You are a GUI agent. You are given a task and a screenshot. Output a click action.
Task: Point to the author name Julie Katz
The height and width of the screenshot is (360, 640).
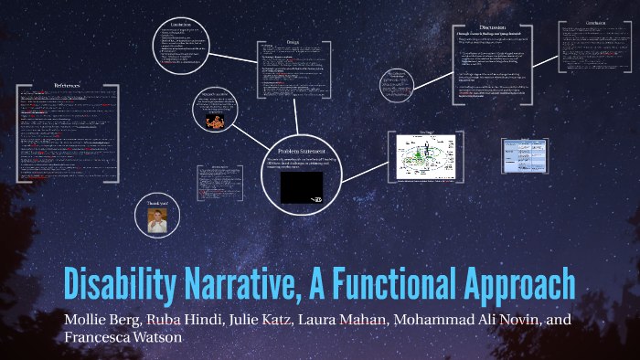pyautogui.click(x=240, y=320)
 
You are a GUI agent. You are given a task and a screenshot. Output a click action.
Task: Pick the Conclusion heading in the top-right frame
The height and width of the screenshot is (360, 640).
pyautogui.click(x=595, y=21)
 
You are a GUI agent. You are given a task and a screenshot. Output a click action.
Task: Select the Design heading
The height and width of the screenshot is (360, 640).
pyautogui.click(x=293, y=41)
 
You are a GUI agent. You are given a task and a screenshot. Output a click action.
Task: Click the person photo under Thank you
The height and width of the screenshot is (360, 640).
pyautogui.click(x=156, y=219)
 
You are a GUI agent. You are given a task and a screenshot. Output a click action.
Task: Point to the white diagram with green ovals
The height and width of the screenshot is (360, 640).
pyautogui.click(x=432, y=157)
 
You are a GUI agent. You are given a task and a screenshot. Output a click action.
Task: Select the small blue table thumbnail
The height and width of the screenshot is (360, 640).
pyautogui.click(x=524, y=154)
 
